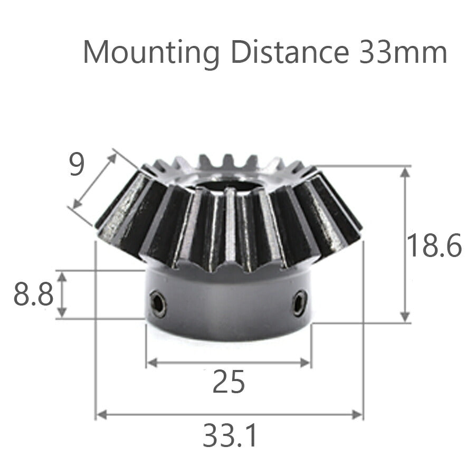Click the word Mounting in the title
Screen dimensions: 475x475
(x=150, y=53)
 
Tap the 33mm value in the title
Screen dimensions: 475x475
(x=403, y=52)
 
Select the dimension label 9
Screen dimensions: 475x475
(x=77, y=166)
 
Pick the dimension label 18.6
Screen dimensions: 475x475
(x=434, y=246)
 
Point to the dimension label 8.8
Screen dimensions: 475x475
(x=33, y=296)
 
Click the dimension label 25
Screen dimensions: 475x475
(x=229, y=383)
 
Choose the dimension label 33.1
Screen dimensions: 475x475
(x=230, y=436)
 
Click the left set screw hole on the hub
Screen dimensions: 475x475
(x=158, y=305)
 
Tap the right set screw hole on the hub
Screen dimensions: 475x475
(x=299, y=303)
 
